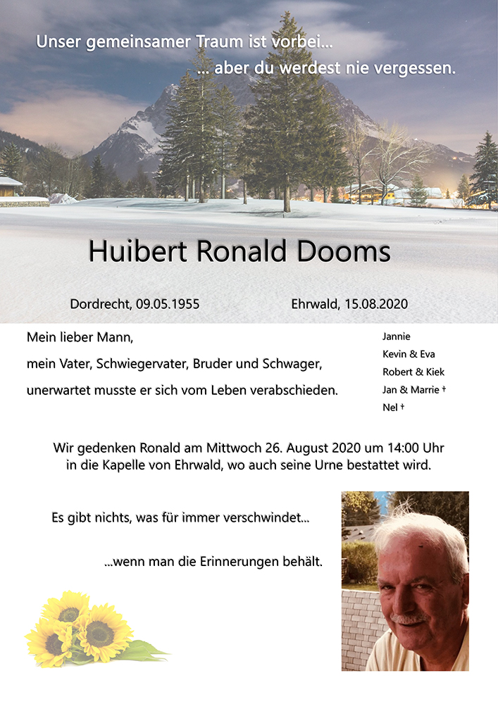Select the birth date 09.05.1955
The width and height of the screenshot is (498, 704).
(x=168, y=304)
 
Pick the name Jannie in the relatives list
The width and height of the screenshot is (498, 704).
(x=396, y=337)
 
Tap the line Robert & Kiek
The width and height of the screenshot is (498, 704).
(x=413, y=372)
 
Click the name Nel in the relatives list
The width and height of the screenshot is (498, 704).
(x=390, y=407)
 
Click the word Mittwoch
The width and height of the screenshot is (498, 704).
(x=235, y=448)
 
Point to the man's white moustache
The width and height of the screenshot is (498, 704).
(x=409, y=618)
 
